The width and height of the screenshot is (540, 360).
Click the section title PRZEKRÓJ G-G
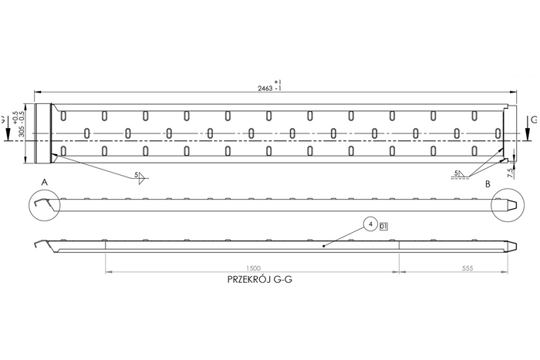259,281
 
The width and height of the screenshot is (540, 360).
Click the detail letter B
488,186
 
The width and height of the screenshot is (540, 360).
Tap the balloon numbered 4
370,225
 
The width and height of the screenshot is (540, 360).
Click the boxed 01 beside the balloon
384,226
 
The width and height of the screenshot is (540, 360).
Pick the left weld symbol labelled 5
140,177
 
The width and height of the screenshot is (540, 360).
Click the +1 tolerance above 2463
278,82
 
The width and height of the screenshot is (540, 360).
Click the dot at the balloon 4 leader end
324,245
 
